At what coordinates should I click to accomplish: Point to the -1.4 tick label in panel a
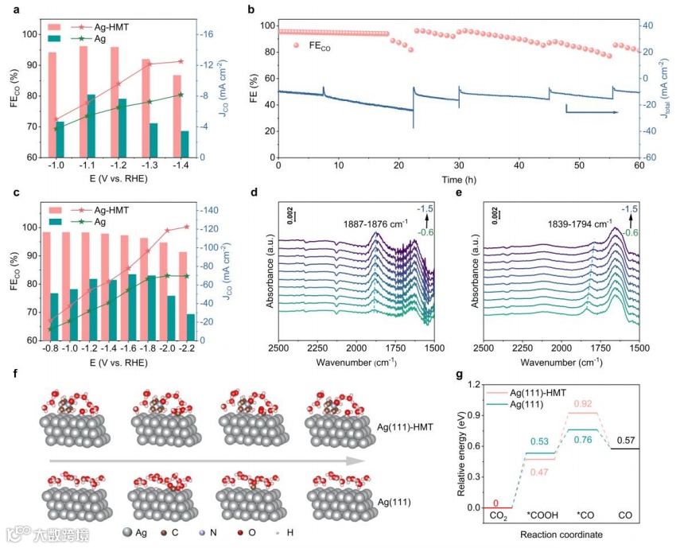click(181, 168)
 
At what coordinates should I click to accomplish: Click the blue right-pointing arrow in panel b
click(592, 112)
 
